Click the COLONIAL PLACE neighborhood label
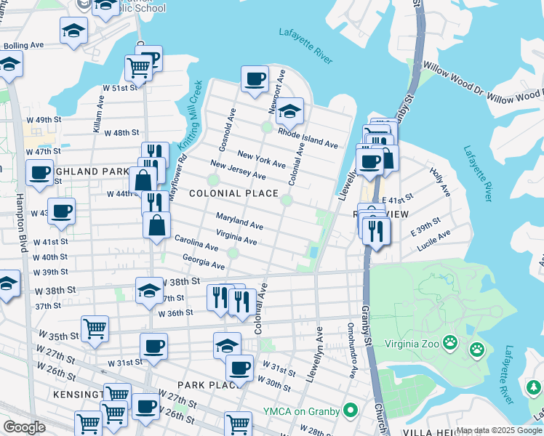click(x=233, y=193)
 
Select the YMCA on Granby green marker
click(x=350, y=411)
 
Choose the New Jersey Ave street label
click(x=237, y=169)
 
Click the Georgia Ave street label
click(x=204, y=262)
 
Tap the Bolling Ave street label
click(x=23, y=45)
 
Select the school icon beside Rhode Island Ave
click(x=289, y=111)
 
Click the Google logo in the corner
click(x=24, y=427)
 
